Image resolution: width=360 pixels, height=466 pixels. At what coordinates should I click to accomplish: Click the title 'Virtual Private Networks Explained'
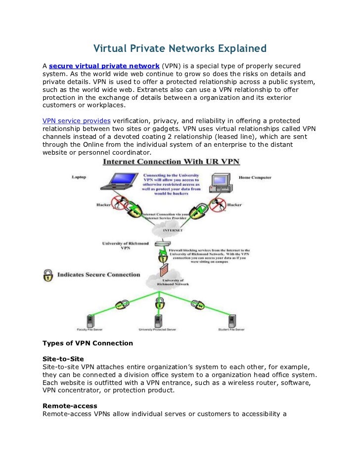pyautogui.click(x=180, y=49)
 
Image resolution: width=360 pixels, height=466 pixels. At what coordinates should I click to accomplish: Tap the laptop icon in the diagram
pyautogui.click(x=117, y=182)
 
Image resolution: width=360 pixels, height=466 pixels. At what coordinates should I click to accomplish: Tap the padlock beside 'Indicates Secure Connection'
pyautogui.click(x=48, y=275)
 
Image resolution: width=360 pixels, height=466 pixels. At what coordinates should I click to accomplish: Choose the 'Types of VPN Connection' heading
pyautogui.click(x=88, y=343)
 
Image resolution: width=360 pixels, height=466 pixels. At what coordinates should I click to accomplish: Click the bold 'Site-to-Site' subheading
pyautogui.click(x=63, y=358)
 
